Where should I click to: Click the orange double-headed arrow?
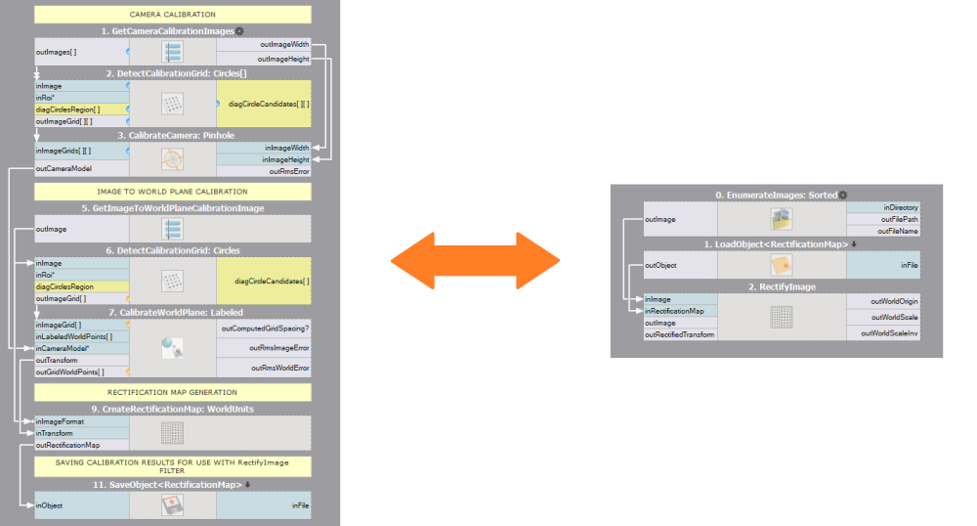(475, 260)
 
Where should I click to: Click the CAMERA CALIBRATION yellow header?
(173, 15)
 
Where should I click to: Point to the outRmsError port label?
(289, 172)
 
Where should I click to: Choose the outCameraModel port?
(64, 168)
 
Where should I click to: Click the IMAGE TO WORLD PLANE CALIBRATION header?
(173, 192)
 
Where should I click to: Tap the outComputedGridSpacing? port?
(266, 329)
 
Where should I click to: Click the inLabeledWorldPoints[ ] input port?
(74, 336)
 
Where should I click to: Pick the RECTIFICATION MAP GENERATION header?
(173, 392)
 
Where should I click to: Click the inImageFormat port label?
(61, 421)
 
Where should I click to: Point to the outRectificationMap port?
(68, 445)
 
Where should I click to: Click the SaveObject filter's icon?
(172, 504)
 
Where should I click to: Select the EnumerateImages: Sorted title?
(776, 196)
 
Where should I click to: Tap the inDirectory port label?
(900, 207)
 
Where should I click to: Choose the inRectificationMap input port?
(674, 311)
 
